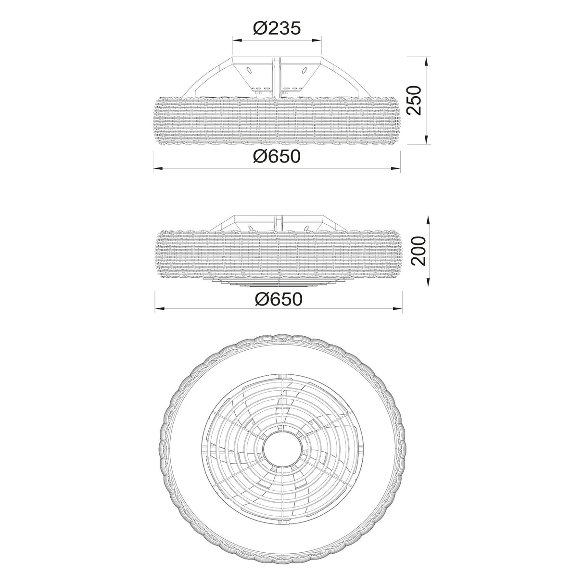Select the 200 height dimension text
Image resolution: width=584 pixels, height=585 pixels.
(x=419, y=251)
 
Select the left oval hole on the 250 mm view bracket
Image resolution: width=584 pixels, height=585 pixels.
(x=250, y=71)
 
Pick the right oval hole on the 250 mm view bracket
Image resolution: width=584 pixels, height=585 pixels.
(x=304, y=71)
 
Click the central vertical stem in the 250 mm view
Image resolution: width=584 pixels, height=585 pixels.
(x=278, y=77)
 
